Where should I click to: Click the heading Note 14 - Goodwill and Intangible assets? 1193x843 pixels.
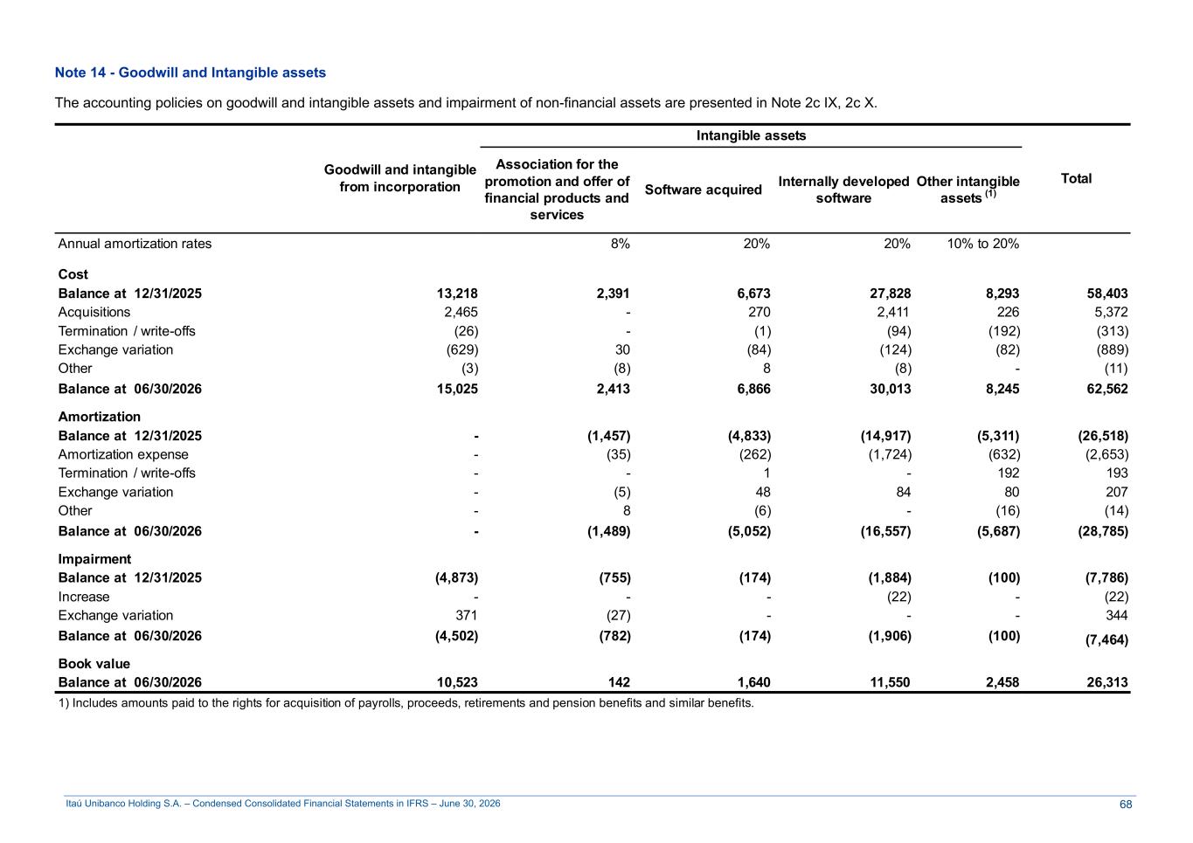[191, 73]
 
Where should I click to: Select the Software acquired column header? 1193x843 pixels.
[703, 190]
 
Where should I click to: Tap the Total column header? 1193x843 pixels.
[1076, 178]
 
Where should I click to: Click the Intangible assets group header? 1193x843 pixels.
[751, 135]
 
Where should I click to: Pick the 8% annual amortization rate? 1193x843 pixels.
[621, 244]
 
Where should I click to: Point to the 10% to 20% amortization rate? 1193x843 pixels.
[982, 244]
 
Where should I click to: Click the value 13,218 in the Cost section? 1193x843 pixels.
[457, 294]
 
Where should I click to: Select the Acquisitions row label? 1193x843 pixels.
[94, 312]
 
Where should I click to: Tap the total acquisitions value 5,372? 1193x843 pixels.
[1111, 312]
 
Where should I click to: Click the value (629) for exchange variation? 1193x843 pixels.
[462, 349]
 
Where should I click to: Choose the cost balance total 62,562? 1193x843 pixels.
[1107, 389]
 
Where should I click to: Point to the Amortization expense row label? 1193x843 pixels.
[123, 454]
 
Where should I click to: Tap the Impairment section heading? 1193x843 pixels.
[94, 559]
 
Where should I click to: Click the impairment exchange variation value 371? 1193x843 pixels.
[466, 615]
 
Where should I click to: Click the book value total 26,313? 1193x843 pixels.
[1107, 682]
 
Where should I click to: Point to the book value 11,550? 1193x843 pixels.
[890, 682]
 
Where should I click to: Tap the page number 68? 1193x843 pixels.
[1126, 805]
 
